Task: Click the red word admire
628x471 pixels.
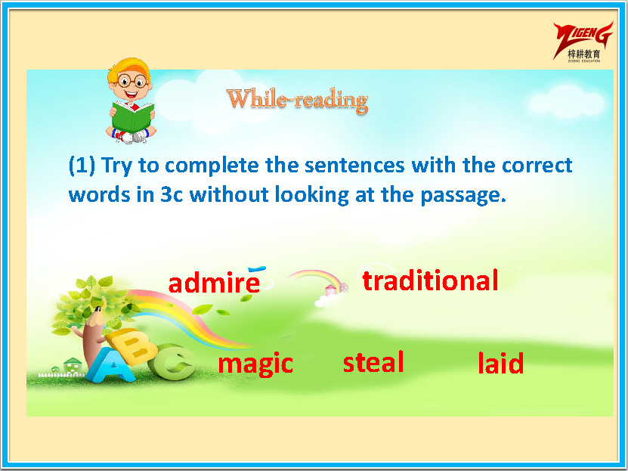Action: click(x=214, y=282)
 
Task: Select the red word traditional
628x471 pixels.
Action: click(x=430, y=280)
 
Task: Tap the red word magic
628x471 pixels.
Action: click(x=255, y=364)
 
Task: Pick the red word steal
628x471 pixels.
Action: click(x=373, y=361)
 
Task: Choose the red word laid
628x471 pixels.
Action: click(x=500, y=362)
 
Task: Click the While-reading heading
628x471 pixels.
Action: click(x=297, y=100)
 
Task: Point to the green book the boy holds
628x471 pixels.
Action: click(x=132, y=116)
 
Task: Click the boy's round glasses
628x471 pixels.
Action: click(x=132, y=82)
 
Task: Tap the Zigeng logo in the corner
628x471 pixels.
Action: click(x=583, y=42)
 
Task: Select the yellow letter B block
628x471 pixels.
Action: click(x=132, y=346)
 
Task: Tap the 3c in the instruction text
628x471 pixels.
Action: click(x=172, y=194)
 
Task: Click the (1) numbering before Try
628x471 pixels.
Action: click(x=82, y=165)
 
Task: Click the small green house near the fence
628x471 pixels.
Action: click(x=73, y=365)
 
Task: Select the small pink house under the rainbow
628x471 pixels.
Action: click(x=331, y=290)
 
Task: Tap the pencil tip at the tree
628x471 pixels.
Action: click(x=97, y=310)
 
